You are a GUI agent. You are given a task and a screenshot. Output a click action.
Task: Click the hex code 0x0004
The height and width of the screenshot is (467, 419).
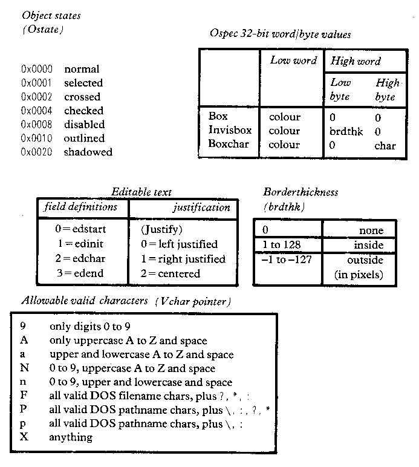tap(37, 111)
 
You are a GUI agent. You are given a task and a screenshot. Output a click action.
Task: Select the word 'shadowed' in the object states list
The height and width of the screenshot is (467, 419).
tap(88, 152)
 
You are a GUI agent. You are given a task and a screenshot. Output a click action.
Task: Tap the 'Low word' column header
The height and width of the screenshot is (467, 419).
tap(293, 60)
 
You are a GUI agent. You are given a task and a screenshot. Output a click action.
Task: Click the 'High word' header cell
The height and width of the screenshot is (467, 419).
tap(356, 60)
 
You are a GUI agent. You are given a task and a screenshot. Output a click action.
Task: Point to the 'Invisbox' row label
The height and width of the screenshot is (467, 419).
tap(230, 130)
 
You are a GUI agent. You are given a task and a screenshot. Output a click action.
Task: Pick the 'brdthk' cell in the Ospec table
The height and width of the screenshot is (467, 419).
tap(346, 131)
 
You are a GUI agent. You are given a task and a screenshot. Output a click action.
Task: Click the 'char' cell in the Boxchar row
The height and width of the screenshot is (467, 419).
tap(385, 146)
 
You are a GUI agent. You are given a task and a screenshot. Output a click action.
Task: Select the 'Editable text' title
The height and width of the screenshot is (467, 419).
tap(141, 192)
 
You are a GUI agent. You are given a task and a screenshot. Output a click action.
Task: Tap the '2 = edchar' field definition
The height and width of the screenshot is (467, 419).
tap(80, 258)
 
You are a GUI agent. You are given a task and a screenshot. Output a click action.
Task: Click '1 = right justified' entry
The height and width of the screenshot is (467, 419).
tap(183, 259)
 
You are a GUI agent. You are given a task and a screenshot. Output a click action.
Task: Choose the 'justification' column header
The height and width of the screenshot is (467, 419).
tap(202, 207)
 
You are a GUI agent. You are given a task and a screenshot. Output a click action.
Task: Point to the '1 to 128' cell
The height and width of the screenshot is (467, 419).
tap(281, 245)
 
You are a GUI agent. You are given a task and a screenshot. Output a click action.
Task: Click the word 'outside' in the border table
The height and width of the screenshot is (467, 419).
tap(365, 260)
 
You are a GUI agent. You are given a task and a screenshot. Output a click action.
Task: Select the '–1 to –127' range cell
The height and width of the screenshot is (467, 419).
tap(286, 260)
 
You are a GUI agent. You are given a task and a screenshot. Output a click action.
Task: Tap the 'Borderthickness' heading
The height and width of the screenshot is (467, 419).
tap(300, 192)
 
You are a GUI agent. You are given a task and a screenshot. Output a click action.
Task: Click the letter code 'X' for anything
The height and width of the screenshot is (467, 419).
tap(24, 437)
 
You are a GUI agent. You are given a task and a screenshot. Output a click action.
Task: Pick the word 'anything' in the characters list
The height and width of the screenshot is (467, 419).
tap(71, 437)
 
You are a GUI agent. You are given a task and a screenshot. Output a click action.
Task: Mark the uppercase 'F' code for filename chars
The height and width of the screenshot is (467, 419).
tap(24, 395)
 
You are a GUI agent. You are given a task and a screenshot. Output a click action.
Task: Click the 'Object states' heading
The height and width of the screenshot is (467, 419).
tap(51, 16)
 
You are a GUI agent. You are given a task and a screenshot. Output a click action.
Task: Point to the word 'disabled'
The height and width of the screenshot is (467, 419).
tap(84, 124)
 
